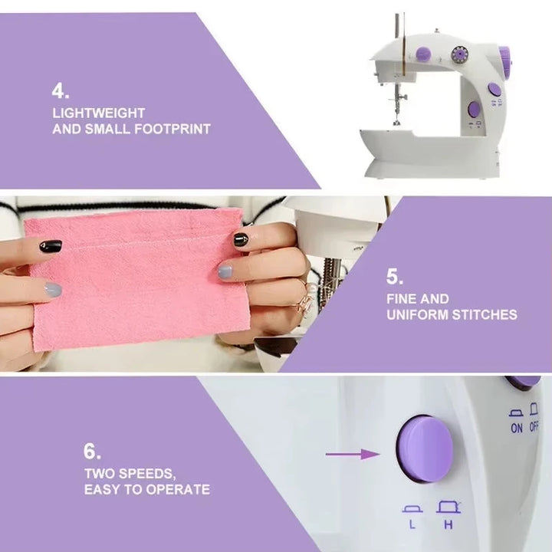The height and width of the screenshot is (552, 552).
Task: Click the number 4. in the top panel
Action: point(60,91)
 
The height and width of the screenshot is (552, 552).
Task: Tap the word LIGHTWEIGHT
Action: point(98,113)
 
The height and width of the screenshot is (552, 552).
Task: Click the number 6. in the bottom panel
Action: point(92,452)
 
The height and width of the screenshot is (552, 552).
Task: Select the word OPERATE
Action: point(176,489)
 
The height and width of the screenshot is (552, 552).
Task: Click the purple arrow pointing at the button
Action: point(352,454)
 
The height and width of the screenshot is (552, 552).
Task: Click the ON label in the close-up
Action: point(516,428)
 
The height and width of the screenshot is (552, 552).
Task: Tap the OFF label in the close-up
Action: point(534,428)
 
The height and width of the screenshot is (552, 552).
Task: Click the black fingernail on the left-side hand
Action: point(50,246)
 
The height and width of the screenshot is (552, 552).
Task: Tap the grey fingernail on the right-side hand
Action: point(225,271)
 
